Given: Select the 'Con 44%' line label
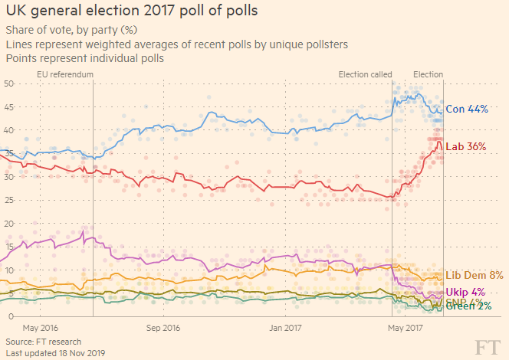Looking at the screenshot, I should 467,110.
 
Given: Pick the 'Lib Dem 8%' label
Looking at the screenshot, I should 474,275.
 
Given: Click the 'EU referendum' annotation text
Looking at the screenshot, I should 65,74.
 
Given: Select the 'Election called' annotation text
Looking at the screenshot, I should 365,74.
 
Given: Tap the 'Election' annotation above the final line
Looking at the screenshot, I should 428,74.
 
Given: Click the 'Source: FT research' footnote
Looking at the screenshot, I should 43,341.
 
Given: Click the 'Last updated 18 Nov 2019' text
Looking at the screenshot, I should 54,353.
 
